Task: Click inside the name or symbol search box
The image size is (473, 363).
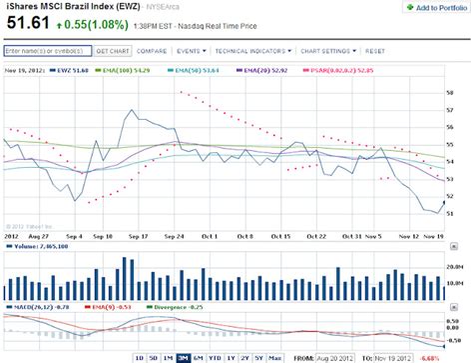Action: point(47,49)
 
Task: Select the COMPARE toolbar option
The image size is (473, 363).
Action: point(152,49)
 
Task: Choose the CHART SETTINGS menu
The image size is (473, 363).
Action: point(325,49)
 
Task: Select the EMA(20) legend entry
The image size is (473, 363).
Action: point(253,70)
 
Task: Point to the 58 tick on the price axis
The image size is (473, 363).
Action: point(450,93)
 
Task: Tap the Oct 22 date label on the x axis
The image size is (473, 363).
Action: point(316,236)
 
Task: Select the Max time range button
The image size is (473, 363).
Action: point(273,357)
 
